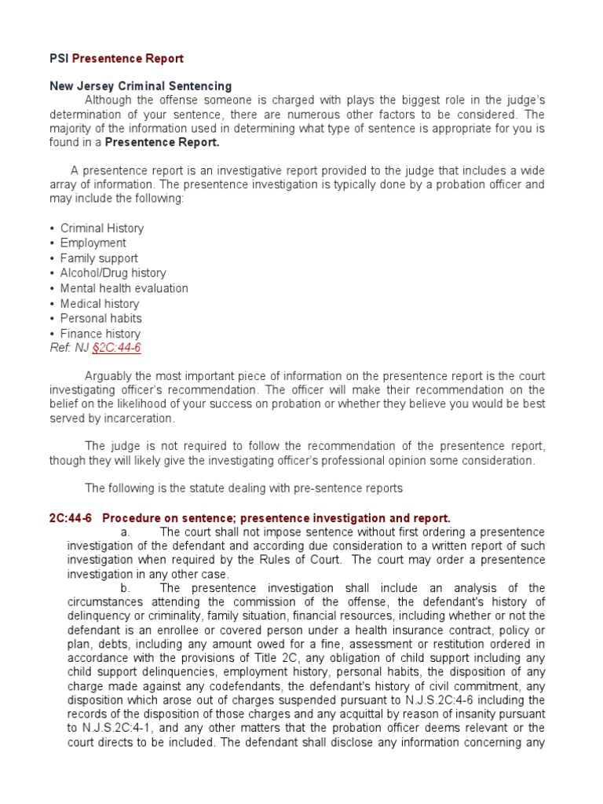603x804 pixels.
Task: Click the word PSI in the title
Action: pyautogui.click(x=59, y=59)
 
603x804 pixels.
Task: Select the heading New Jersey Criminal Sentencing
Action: pyautogui.click(x=141, y=86)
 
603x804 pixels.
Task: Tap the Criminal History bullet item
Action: pyautogui.click(x=102, y=228)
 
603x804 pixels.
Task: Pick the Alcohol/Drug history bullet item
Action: pyautogui.click(x=113, y=273)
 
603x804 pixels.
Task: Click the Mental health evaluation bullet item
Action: pyautogui.click(x=124, y=288)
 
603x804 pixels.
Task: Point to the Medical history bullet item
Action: pyautogui.click(x=100, y=304)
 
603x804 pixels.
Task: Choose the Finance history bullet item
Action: pyautogui.click(x=100, y=334)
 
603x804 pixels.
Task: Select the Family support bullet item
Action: pyautogui.click(x=99, y=258)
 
